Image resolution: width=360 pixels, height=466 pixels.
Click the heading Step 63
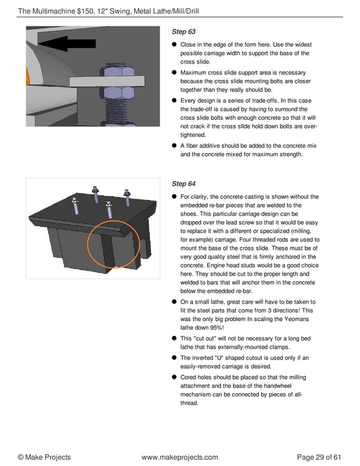coord(183,32)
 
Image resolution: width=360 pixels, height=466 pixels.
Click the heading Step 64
coord(183,183)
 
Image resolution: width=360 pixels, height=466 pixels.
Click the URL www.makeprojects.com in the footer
coord(179,457)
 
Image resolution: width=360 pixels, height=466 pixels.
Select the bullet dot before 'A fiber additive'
coord(175,146)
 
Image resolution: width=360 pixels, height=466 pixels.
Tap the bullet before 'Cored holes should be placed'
coord(175,376)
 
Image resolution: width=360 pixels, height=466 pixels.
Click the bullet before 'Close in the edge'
coord(175,45)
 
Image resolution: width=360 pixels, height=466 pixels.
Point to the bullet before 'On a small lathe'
coord(175,302)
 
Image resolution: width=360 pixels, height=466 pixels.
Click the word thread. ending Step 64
coord(189,404)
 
